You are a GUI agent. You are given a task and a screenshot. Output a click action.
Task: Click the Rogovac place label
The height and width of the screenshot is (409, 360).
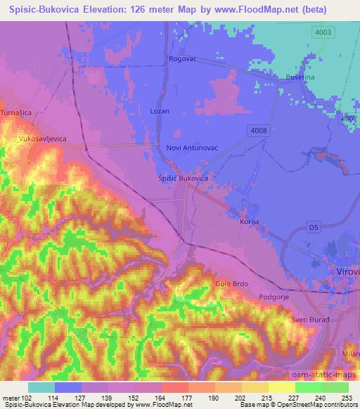click(x=183, y=60)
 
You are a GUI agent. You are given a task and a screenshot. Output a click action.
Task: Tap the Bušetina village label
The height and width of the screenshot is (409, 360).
click(x=301, y=77)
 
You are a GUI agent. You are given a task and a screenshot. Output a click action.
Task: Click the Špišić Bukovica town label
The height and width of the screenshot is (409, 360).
click(x=181, y=179)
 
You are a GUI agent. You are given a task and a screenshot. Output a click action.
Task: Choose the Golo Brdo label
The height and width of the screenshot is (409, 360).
click(x=232, y=284)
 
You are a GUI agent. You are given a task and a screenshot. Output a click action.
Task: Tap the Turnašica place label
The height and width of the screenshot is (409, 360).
click(x=16, y=112)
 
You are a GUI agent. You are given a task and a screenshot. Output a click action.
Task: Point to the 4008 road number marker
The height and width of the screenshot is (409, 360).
click(x=258, y=129)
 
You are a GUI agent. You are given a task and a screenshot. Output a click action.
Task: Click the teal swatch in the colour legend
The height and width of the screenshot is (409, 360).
click(x=41, y=387)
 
